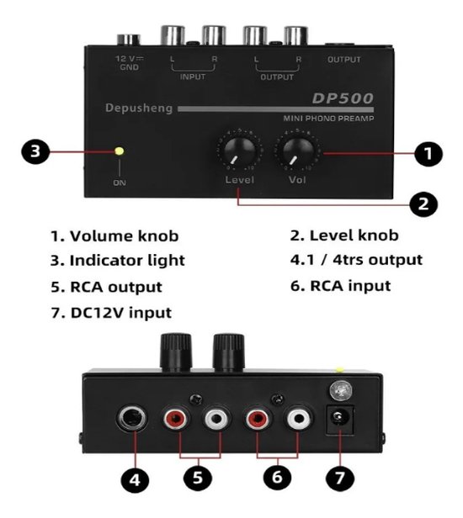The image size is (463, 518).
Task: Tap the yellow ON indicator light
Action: (x=120, y=151)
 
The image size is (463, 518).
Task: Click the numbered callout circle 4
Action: (x=135, y=480)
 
